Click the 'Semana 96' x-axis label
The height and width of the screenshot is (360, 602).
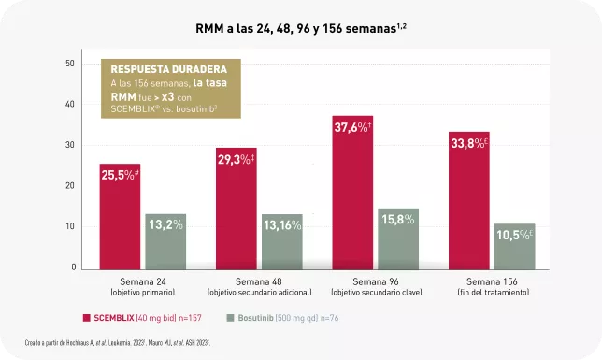pos(375,281)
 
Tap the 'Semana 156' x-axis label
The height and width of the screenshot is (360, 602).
pos(491,281)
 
